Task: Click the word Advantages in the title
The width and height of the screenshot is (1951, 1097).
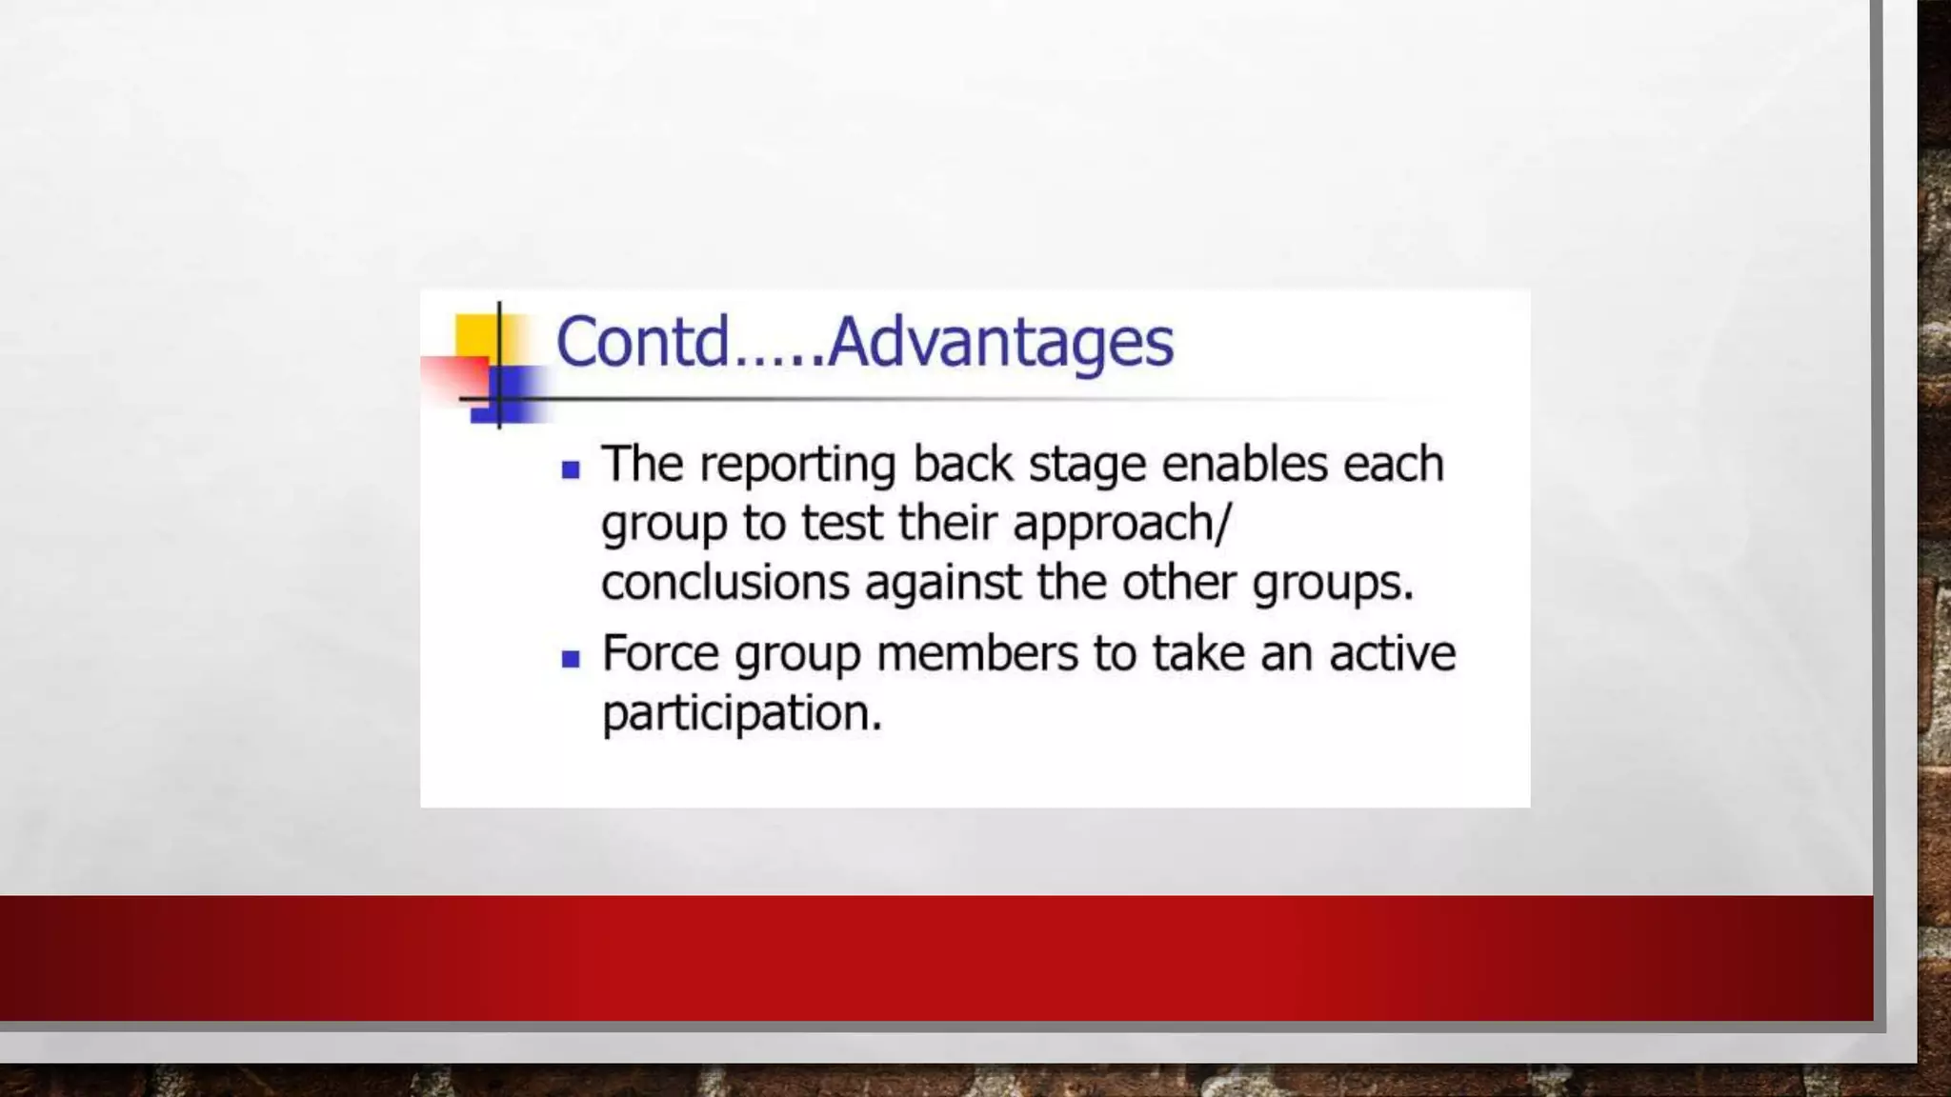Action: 1000,343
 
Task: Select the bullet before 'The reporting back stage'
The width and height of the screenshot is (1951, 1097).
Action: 571,469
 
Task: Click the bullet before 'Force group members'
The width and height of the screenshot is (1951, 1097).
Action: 571,659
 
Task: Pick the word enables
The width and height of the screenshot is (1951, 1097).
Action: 1244,465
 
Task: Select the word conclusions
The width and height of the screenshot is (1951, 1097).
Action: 725,583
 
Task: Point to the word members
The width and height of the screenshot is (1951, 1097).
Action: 976,655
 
